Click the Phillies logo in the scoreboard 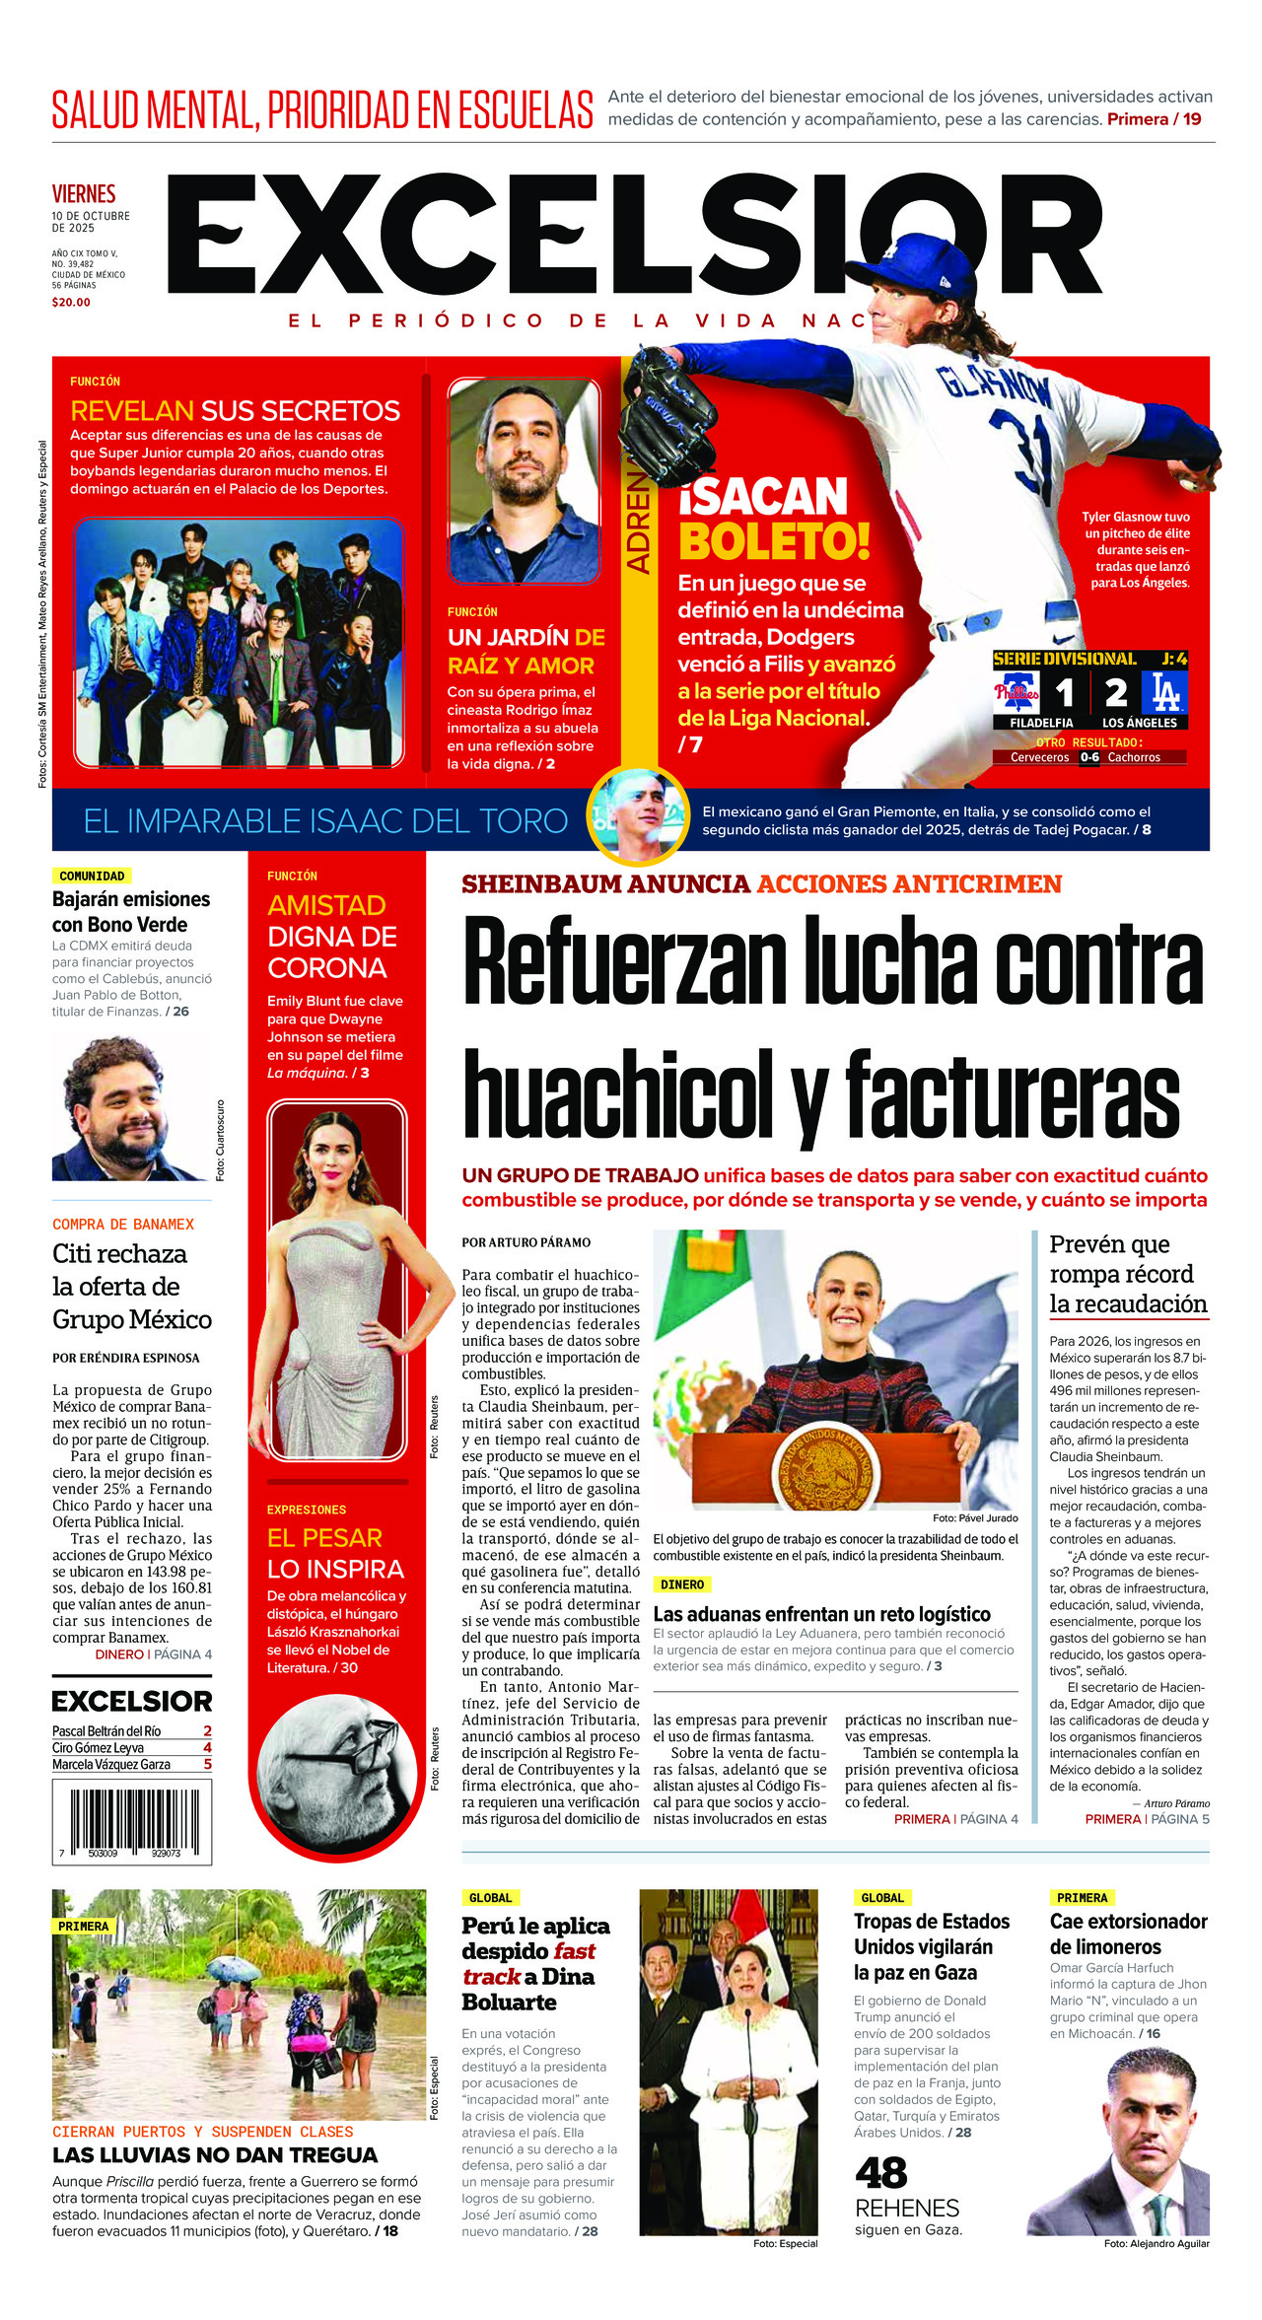[x=1017, y=692]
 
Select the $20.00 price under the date [x=71, y=303]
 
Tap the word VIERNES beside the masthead [x=84, y=193]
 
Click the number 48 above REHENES [x=880, y=2173]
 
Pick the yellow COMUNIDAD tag [x=92, y=876]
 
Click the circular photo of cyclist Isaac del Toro [x=637, y=813]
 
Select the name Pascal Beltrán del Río [x=106, y=1730]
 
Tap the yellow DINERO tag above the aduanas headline [x=681, y=1584]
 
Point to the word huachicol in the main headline [x=618, y=1094]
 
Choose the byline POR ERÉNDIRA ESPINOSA [x=126, y=1358]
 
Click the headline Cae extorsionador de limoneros [x=1128, y=1933]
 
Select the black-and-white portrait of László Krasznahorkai [x=337, y=1772]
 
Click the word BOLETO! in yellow [x=774, y=541]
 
